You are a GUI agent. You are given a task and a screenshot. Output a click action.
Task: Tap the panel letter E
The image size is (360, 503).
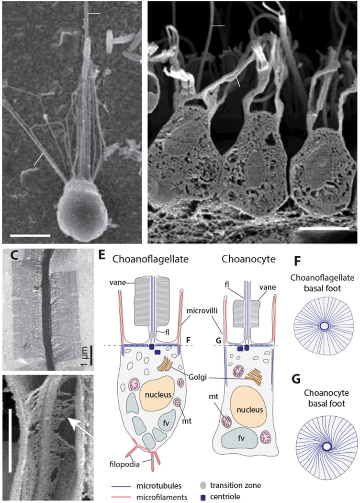[x=103, y=257]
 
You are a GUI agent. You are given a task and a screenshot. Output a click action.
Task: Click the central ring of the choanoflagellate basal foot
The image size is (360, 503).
[x=324, y=326]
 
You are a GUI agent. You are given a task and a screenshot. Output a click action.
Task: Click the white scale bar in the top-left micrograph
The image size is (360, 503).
[x=30, y=235]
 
